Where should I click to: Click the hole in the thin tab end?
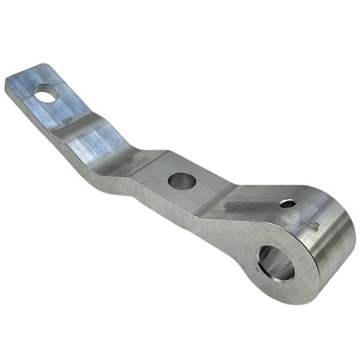coord(46,93)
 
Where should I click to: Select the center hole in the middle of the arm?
coord(182,181)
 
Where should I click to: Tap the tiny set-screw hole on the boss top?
coord(287,203)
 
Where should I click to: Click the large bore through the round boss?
coord(276,263)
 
